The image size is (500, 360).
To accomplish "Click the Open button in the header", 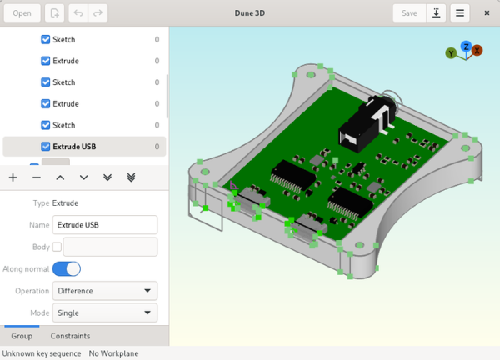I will click(22, 12).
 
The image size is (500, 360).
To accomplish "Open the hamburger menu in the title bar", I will click(460, 12).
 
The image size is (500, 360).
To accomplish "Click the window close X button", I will click(487, 12).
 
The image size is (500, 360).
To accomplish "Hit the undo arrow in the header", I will click(78, 12).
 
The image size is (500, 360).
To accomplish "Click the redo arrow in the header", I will click(98, 12).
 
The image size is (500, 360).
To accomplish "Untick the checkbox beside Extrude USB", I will click(46, 147).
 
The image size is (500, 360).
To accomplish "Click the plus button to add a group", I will click(12, 177).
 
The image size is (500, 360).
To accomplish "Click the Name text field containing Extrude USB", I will click(105, 224).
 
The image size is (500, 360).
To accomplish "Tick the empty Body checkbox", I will click(57, 247).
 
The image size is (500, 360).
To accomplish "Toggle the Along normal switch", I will click(67, 268).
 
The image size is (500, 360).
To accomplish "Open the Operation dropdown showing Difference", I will click(105, 291).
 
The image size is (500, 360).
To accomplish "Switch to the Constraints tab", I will click(70, 336).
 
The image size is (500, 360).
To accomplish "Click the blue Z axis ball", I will click(466, 47).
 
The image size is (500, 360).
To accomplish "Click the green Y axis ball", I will click(451, 53).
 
